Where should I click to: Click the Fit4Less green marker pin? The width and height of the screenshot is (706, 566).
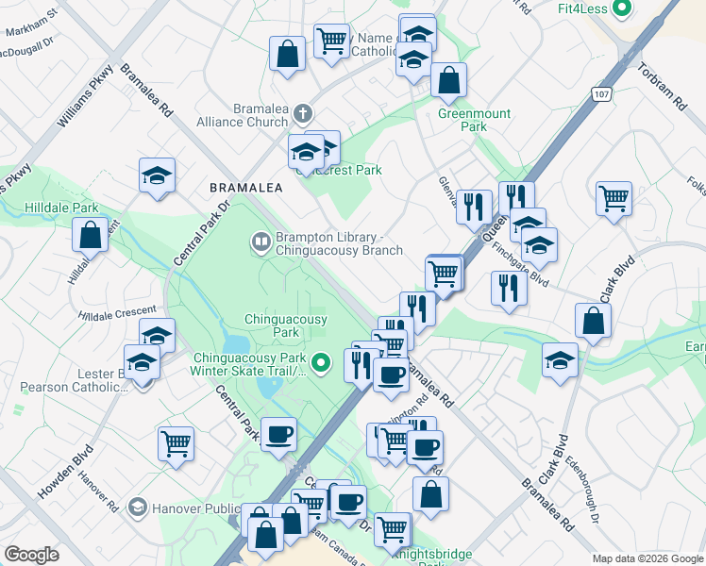[621, 9]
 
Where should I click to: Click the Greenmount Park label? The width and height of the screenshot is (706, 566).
[474, 120]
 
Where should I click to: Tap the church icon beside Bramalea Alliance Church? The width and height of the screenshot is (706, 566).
[302, 114]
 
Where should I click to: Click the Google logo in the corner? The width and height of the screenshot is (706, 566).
[32, 554]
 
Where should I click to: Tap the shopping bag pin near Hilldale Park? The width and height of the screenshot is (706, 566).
[91, 235]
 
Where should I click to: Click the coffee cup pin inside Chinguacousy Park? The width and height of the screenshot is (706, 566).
[277, 434]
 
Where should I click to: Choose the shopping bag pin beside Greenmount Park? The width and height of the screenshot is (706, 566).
[448, 80]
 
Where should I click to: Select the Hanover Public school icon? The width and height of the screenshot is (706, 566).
[139, 508]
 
